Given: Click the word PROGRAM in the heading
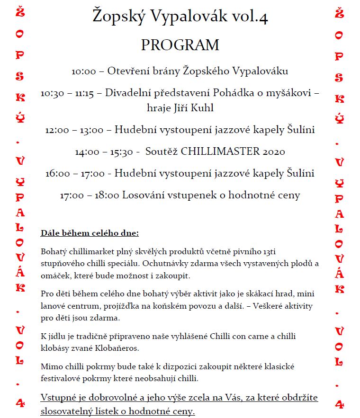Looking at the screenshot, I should coord(180,45).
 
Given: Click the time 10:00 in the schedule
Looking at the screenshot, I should coord(84,71).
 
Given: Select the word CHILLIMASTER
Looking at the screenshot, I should coord(219,151).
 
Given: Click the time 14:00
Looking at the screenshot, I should coord(87,152).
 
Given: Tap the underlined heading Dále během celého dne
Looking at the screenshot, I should coord(90,233).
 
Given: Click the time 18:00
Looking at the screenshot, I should coord(107,195).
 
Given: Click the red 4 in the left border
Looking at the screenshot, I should coord(20,403).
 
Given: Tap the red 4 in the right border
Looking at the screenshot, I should coord(339,403).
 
